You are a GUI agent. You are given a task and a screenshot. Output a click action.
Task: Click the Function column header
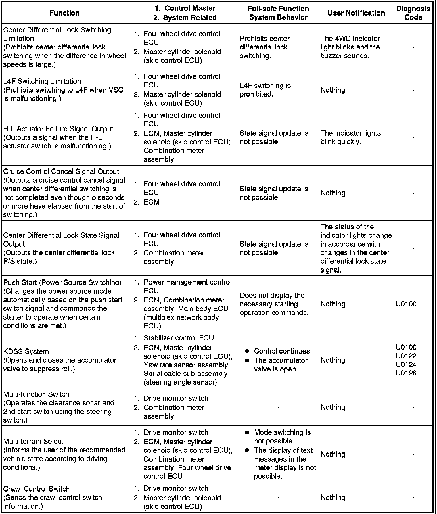[64, 13]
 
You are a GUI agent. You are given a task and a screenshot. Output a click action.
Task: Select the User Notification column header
[356, 13]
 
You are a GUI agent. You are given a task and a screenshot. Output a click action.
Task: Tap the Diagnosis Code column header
[413, 13]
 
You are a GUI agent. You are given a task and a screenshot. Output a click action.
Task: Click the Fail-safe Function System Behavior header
[278, 13]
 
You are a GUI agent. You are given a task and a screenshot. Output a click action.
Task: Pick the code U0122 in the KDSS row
[406, 356]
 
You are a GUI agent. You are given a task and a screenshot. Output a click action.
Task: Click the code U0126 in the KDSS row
[406, 373]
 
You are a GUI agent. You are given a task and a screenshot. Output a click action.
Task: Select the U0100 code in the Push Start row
[406, 304]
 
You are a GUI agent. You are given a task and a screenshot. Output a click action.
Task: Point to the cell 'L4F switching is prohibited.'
[265, 90]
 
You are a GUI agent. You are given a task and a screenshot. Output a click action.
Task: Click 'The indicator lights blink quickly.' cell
[350, 137]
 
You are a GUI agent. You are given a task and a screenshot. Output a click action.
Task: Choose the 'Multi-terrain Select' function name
[33, 441]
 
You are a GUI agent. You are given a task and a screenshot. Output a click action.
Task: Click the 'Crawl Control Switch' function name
[36, 489]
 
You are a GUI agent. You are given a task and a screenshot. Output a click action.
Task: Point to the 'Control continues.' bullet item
[283, 351]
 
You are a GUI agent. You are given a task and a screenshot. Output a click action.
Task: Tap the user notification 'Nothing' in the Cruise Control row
[333, 193]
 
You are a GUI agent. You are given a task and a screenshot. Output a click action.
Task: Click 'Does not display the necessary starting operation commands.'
[274, 304]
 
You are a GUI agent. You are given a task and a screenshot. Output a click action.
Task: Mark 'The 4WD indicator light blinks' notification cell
[350, 47]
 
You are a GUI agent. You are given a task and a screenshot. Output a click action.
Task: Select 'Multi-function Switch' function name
[36, 394]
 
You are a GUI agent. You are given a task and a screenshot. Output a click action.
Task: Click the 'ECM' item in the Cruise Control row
[152, 202]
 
